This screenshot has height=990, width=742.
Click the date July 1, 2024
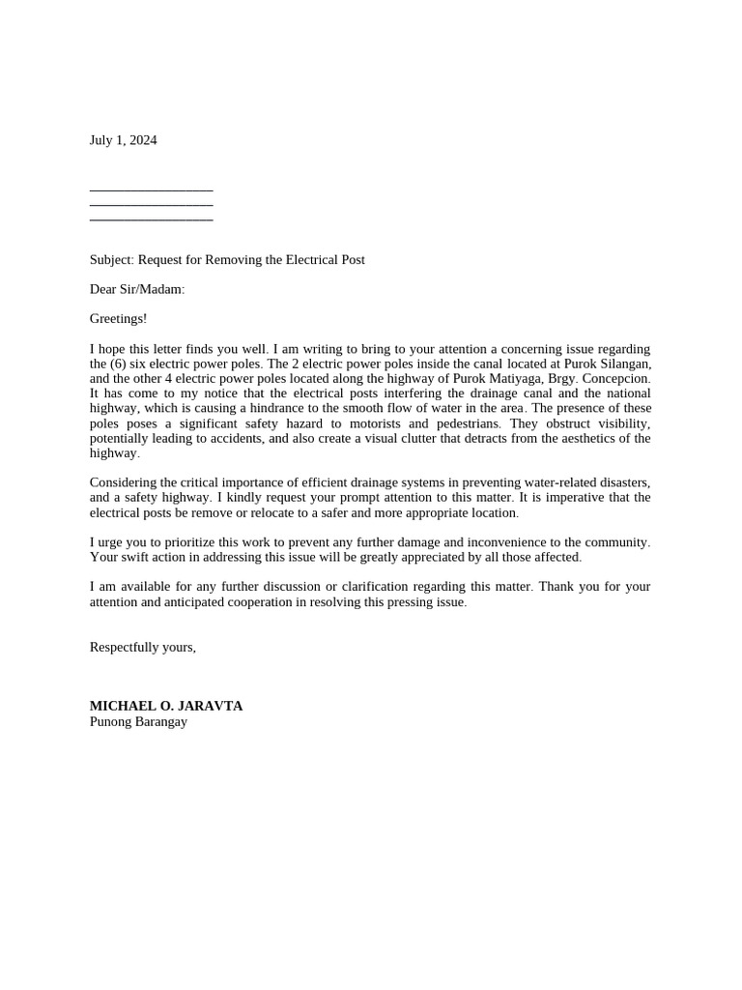coord(123,140)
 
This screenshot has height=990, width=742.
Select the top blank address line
coord(151,190)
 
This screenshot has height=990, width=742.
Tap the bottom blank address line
coord(151,219)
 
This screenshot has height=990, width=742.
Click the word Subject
coord(111,260)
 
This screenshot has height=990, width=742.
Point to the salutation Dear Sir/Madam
coord(136,289)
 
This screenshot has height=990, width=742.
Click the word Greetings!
coord(118,318)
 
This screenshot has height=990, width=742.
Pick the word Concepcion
coord(617,378)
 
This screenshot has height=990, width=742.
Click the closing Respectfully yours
coord(142,647)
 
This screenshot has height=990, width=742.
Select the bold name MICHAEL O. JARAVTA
coord(166,706)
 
